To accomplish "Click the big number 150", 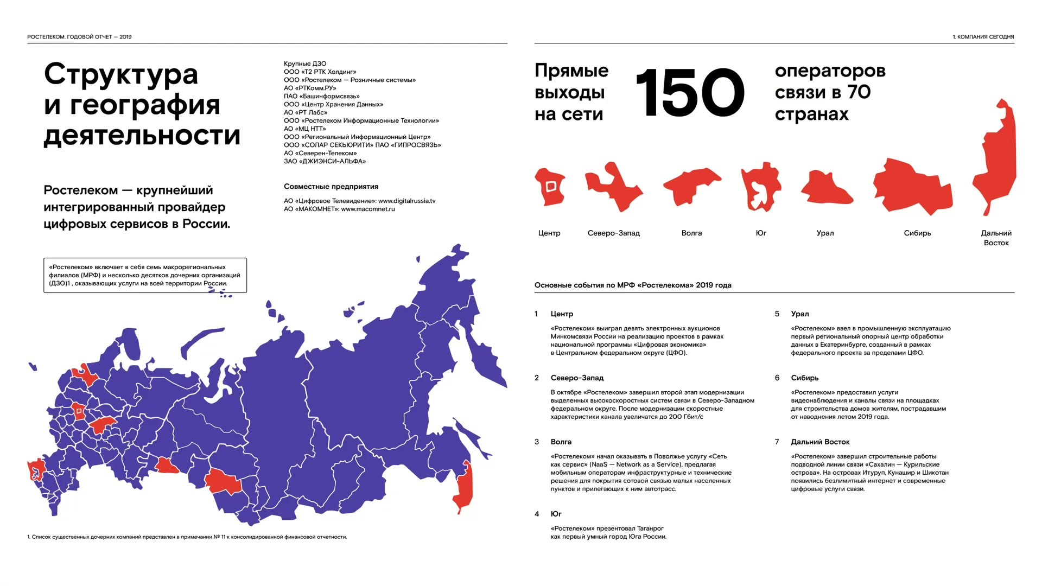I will tap(690, 93).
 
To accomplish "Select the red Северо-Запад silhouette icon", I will tap(614, 187).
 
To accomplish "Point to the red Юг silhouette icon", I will tap(761, 186).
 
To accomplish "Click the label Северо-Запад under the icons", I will tap(613, 233).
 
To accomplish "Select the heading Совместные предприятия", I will tap(331, 187).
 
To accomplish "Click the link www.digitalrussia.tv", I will tap(406, 201).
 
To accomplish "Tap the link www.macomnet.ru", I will tap(368, 209).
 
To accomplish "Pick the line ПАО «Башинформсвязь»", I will tap(321, 96).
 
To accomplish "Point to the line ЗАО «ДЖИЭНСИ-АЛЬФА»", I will tap(325, 161).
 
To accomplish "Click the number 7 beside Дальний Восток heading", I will tap(777, 442).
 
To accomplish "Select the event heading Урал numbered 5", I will tap(800, 314).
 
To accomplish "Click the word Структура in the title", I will tap(121, 75).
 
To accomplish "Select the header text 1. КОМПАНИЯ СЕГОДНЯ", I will tap(983, 37).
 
